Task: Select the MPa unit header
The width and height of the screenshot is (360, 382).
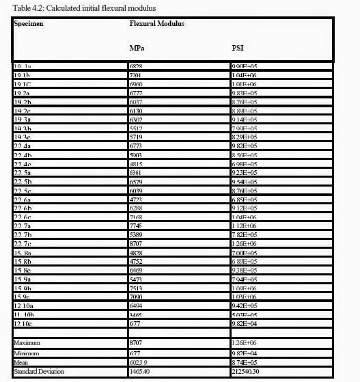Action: click(x=137, y=49)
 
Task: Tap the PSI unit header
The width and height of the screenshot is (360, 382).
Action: click(x=238, y=49)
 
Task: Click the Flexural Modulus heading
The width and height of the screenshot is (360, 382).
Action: click(x=157, y=23)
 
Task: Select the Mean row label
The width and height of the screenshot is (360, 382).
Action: click(x=22, y=363)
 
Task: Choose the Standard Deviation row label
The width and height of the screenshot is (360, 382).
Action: click(x=39, y=372)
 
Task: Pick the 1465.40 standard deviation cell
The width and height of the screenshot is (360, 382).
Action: click(x=140, y=372)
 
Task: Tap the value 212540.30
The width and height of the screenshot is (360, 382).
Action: click(x=250, y=372)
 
